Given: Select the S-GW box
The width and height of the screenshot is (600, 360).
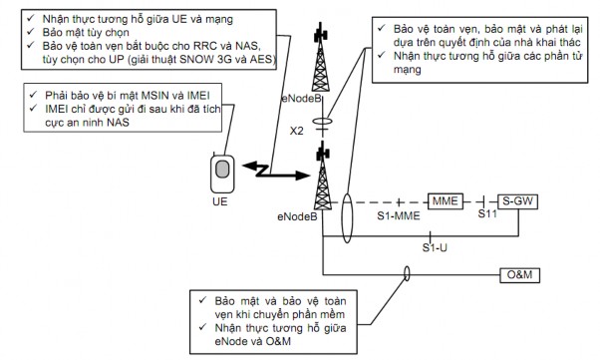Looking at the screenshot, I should tap(519, 200).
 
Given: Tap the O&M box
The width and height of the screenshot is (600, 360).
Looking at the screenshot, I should tap(519, 273).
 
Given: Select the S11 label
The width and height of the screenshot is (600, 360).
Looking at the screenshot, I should tap(486, 214).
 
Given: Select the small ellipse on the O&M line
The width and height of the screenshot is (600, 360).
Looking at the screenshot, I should tap(407, 273).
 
